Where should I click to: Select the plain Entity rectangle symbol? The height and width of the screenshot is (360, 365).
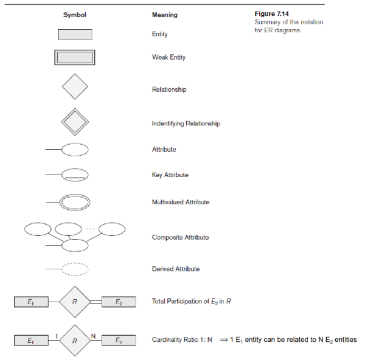coord(75,35)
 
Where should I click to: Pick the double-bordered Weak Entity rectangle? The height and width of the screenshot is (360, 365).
coord(75,58)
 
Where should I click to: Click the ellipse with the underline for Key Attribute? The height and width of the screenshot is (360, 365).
coord(75,175)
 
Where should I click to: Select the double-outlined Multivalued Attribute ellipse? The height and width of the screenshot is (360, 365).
coord(75,201)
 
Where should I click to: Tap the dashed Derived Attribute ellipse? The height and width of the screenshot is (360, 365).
coord(75,269)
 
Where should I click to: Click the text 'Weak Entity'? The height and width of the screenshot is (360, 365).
coord(169,57)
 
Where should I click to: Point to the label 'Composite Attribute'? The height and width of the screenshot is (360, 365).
coord(180,237)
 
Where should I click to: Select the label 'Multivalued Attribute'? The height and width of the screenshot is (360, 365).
coord(181,202)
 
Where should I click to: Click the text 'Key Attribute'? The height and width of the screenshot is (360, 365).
coord(170,175)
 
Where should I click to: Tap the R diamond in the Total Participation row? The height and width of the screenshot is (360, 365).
coord(75,301)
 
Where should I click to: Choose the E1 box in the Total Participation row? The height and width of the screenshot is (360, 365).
coord(32,301)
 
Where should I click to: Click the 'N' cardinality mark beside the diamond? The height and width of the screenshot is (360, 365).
coord(94,333)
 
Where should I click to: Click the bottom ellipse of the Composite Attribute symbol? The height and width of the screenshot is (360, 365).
coord(75,246)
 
